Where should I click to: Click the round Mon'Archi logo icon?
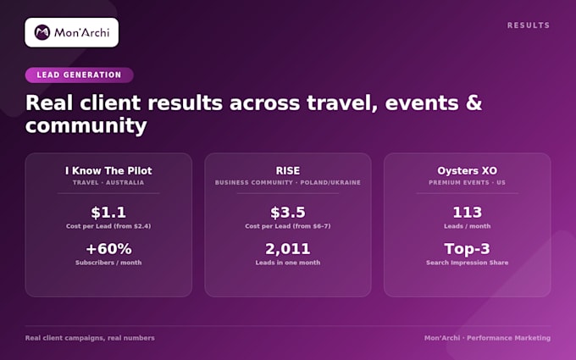[42, 32]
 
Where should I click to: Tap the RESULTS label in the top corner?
[529, 25]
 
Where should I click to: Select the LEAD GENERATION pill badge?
[79, 75]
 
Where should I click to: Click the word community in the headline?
[86, 125]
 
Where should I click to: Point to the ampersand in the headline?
[474, 102]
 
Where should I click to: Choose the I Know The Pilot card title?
[108, 171]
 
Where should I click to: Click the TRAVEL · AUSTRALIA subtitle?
[108, 183]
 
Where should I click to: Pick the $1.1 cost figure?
[108, 213]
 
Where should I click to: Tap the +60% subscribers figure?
[108, 249]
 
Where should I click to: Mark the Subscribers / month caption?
[108, 263]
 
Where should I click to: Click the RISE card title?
[288, 171]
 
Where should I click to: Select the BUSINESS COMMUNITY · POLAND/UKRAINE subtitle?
[288, 183]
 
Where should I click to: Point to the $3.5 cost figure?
[288, 213]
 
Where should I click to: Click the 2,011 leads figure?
[288, 249]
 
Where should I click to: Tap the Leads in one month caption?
[288, 263]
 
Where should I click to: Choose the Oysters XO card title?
[467, 171]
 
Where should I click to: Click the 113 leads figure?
[467, 213]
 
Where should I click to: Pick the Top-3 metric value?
[467, 249]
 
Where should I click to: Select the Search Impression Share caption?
[467, 263]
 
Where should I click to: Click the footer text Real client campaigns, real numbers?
[90, 338]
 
